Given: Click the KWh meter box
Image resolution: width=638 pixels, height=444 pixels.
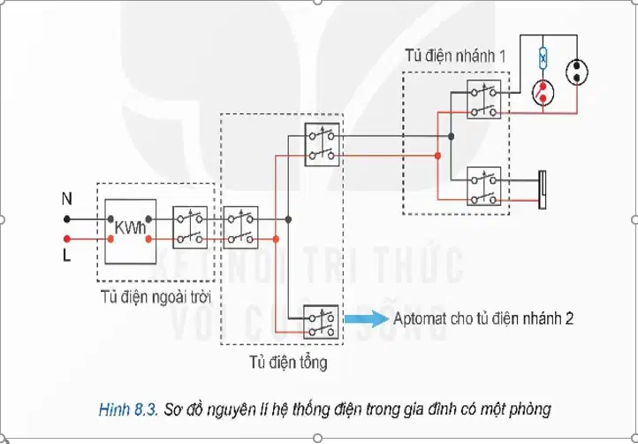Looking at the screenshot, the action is (130, 232).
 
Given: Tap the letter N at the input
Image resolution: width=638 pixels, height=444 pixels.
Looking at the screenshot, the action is (67, 199).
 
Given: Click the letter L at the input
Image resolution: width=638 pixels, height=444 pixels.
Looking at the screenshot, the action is (66, 256).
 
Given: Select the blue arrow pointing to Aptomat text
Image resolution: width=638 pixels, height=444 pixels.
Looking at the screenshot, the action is (367, 318).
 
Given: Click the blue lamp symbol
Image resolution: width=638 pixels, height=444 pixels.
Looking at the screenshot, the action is (543, 58).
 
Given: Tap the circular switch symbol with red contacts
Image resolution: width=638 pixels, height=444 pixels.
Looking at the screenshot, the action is (543, 93).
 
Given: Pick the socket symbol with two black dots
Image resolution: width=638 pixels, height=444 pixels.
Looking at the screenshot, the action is (576, 73).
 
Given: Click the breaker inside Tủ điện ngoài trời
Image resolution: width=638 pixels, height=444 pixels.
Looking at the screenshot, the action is (190, 227).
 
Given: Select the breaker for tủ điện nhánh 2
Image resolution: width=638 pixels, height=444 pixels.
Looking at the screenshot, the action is (321, 321).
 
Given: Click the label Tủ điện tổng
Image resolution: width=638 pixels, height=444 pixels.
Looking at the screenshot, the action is (288, 362).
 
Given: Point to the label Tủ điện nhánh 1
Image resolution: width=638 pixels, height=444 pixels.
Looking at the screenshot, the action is (455, 56).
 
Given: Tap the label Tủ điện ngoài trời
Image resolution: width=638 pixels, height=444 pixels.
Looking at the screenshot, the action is (156, 297).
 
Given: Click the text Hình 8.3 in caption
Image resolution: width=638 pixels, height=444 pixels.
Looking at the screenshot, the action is (128, 410).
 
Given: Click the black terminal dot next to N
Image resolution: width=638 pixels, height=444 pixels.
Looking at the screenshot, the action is (67, 219).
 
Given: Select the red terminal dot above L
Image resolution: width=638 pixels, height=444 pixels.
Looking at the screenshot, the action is (67, 239).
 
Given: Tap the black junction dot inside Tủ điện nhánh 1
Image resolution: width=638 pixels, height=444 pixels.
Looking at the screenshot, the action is (451, 136).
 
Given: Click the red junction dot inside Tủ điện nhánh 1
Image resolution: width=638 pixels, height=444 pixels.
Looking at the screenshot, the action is (437, 156).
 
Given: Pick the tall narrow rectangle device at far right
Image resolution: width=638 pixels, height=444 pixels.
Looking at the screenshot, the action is (543, 190).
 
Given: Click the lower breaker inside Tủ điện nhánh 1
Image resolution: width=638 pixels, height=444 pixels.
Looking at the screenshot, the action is (483, 186).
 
